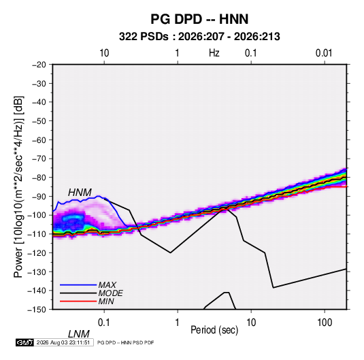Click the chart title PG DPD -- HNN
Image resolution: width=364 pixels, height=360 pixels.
199,19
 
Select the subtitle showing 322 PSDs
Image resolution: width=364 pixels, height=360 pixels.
199,37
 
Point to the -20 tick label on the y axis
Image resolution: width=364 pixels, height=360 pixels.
39,65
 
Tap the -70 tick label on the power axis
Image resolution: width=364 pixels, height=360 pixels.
39,159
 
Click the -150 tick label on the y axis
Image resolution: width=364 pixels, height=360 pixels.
37,310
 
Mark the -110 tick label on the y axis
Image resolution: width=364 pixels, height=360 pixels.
37,234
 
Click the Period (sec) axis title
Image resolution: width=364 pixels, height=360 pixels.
214,330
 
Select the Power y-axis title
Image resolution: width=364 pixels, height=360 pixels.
18,187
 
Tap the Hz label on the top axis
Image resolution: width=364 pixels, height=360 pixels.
214,53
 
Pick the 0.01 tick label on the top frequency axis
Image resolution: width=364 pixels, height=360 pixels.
324,53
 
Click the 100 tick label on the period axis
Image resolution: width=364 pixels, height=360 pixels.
325,323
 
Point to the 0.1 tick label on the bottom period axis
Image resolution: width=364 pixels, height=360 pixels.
104,323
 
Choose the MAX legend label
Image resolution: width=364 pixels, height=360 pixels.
107,285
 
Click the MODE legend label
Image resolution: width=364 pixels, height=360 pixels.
110,293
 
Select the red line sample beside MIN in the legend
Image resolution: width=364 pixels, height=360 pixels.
78,301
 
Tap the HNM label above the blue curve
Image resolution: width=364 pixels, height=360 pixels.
80,193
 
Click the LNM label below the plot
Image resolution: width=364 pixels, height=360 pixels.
79,334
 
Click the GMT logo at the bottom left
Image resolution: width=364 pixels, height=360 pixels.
24,342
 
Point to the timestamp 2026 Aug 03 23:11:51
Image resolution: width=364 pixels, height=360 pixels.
63,342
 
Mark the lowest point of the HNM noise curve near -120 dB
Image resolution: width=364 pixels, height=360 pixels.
170,252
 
